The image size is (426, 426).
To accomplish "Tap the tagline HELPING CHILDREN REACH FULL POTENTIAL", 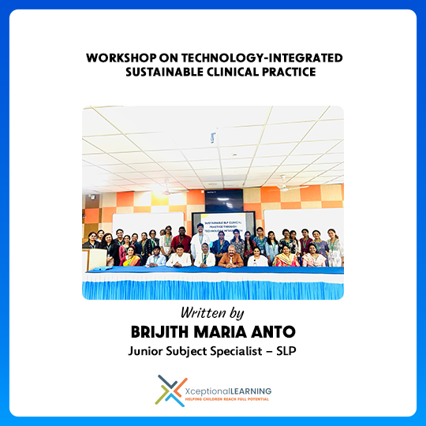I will click(227, 400).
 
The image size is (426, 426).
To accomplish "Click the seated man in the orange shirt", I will click(231, 257).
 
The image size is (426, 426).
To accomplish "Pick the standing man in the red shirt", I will click(181, 239).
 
